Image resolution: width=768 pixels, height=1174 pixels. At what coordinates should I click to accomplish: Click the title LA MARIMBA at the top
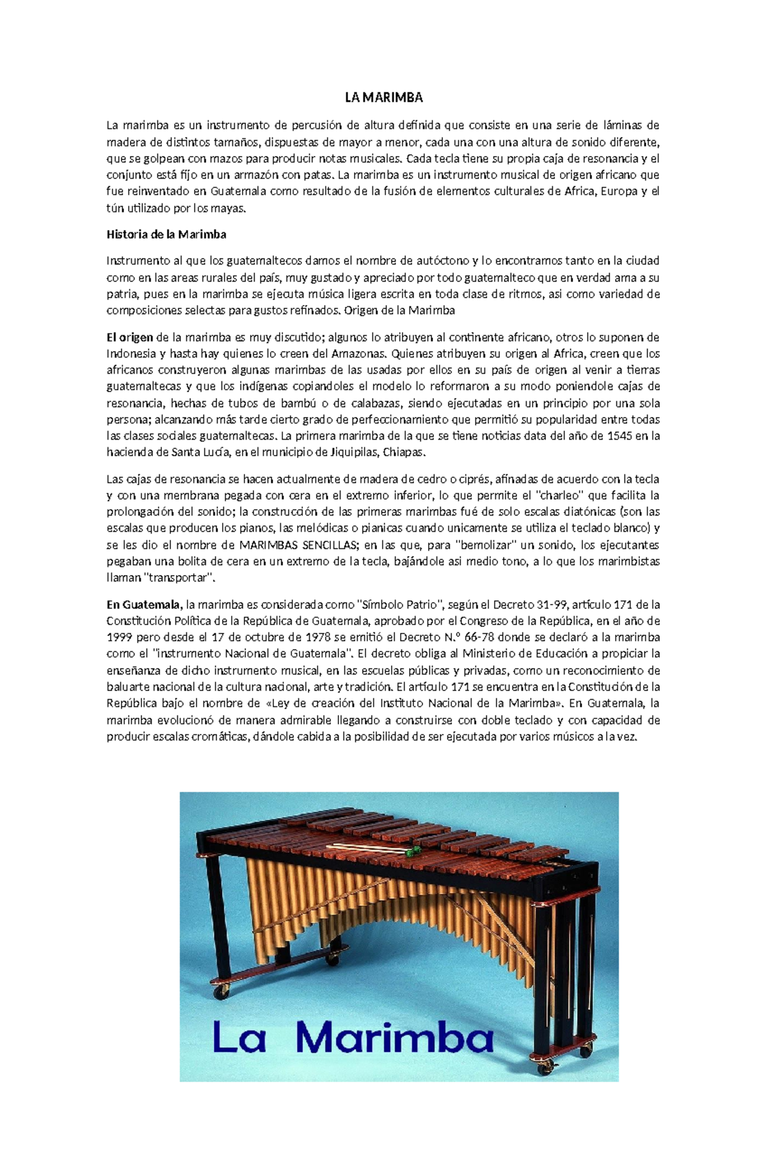pyautogui.click(x=383, y=97)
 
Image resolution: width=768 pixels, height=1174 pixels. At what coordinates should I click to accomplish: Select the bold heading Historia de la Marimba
pyautogui.click(x=166, y=234)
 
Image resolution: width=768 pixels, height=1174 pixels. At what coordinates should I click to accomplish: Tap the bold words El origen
pyautogui.click(x=129, y=337)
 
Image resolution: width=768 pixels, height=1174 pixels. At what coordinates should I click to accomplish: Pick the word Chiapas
pyautogui.click(x=404, y=452)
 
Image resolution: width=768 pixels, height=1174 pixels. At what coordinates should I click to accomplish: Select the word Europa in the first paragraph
pyautogui.click(x=615, y=191)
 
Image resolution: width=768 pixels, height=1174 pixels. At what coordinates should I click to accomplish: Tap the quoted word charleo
pyautogui.click(x=561, y=495)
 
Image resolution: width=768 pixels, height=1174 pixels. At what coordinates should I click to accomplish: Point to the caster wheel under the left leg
pyautogui.click(x=221, y=993)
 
